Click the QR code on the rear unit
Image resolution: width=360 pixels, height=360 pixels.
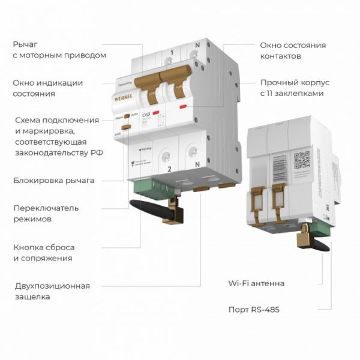(x=302, y=159)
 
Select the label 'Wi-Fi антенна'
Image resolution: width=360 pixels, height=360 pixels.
(x=256, y=283)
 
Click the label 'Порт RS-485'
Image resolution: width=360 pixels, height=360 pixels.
(x=254, y=310)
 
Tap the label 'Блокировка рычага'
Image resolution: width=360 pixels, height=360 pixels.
(x=53, y=180)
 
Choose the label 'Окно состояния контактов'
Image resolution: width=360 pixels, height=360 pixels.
(x=292, y=50)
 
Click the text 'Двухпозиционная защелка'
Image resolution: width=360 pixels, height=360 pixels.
(x=52, y=291)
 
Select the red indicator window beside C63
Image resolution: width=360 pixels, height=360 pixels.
(x=155, y=113)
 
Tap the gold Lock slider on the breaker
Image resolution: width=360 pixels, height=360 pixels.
(x=126, y=127)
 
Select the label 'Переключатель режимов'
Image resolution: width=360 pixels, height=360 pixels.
(x=46, y=214)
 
